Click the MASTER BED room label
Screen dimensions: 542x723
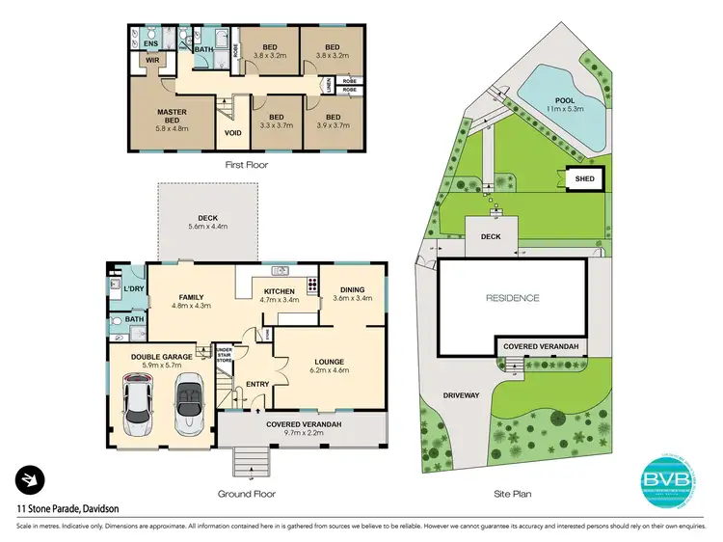tap(172, 117)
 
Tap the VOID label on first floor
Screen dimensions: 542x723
tap(232, 134)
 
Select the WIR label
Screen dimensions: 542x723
tap(151, 61)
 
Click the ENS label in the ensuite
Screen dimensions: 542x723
tap(150, 43)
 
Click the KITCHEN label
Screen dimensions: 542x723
tap(280, 290)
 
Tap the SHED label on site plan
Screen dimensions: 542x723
tap(584, 179)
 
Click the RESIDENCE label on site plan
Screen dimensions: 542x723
tap(512, 298)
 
